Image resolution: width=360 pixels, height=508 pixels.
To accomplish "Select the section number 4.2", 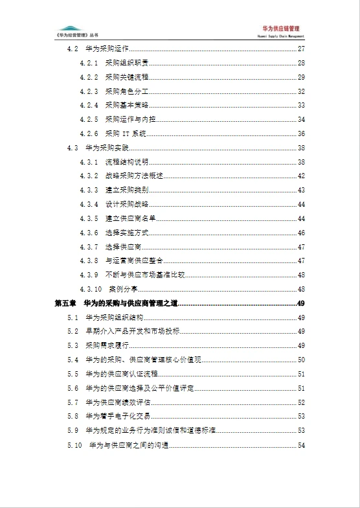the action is (72, 49).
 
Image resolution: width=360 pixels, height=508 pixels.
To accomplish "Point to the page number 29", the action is (301, 77).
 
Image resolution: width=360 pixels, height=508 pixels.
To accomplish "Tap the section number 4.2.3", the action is (89, 91).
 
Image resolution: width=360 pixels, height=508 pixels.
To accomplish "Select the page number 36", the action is (301, 133).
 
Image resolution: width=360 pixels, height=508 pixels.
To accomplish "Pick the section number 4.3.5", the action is (89, 218).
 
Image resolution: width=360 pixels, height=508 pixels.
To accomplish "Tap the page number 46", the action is (301, 233).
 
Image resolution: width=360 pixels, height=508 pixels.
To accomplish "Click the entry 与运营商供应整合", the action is (129, 260).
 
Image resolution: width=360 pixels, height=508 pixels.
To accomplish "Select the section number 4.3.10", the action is (91, 289).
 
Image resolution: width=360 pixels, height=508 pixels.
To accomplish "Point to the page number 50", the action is (301, 360).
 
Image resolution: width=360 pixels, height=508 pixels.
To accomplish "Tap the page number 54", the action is (301, 445).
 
